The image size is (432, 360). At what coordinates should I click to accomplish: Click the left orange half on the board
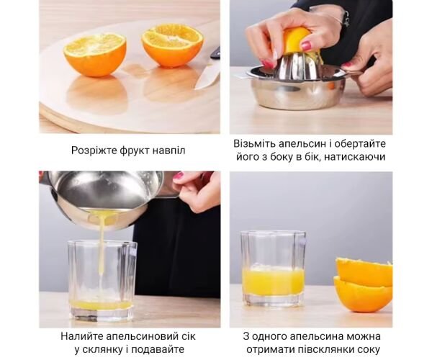(95, 54)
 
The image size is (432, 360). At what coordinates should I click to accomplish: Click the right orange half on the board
(173, 45)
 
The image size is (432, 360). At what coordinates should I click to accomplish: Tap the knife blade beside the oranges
(207, 74)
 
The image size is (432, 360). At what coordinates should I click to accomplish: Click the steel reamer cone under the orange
(297, 66)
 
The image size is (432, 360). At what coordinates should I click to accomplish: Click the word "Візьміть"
(254, 144)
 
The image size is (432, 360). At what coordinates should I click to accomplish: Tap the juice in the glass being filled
(101, 305)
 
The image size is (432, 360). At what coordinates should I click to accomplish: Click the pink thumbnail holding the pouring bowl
(179, 176)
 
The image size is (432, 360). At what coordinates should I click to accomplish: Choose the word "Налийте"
(82, 336)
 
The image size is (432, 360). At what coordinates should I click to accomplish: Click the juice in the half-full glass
(274, 282)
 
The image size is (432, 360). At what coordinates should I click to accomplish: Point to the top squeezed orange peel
(364, 271)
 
